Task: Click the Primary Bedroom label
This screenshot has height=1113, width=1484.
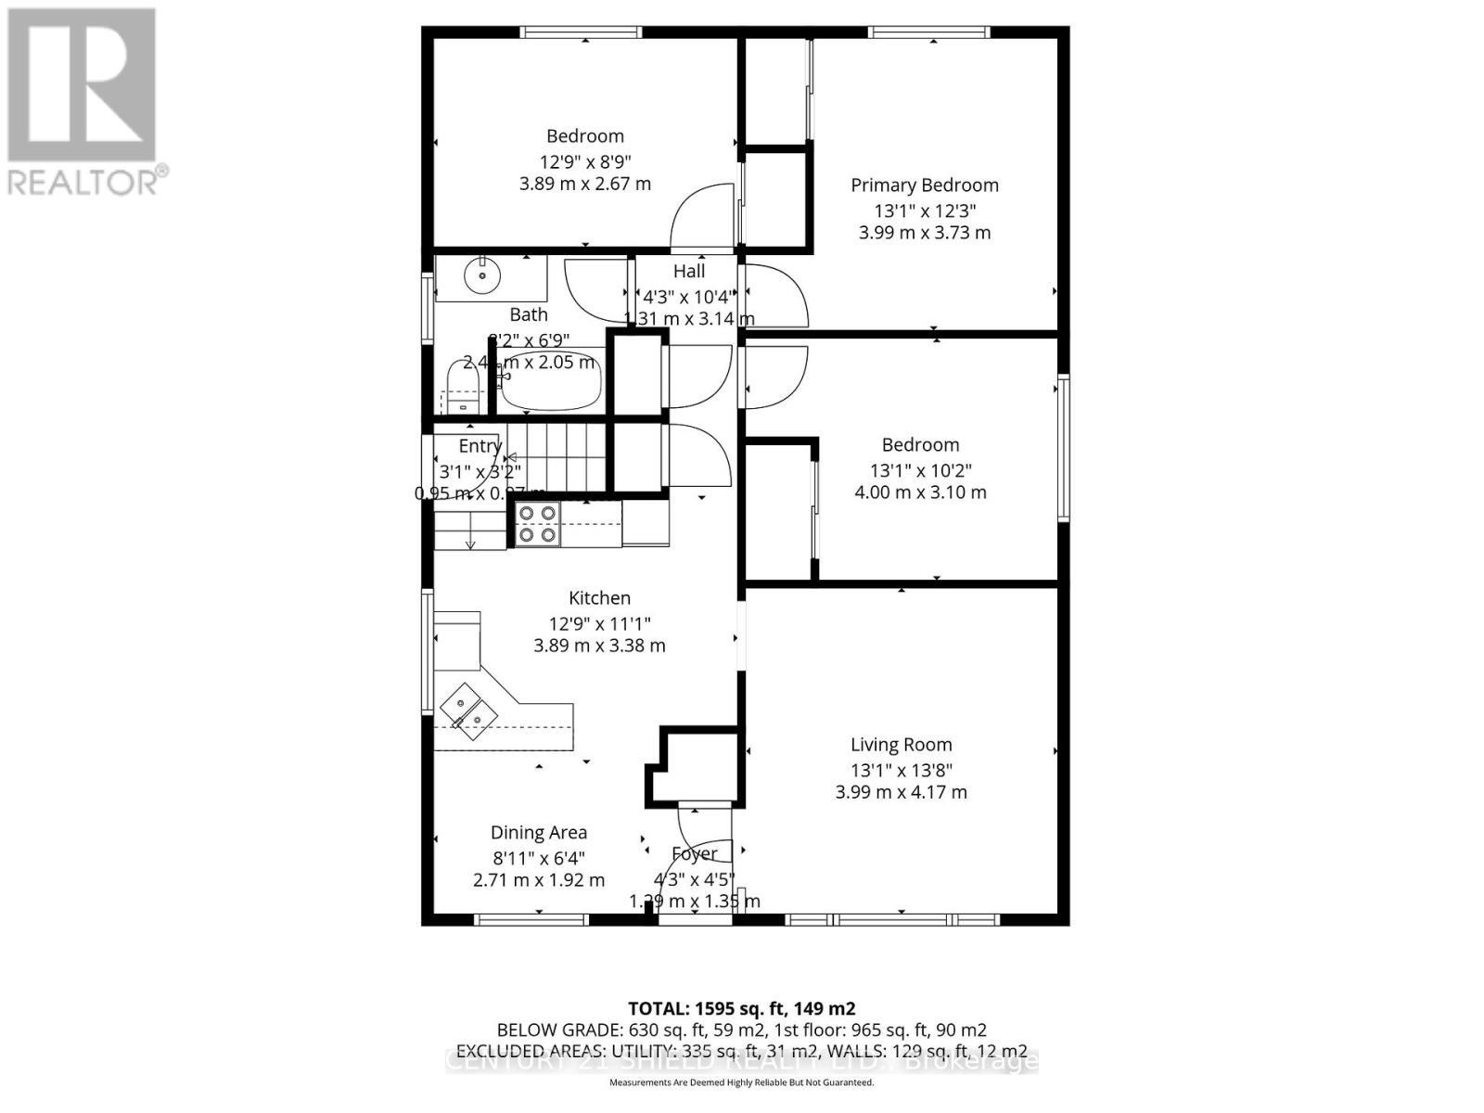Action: (925, 185)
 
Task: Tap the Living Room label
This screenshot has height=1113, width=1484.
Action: (902, 744)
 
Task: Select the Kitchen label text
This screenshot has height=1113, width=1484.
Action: (599, 598)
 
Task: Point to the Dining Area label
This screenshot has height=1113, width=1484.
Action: (539, 833)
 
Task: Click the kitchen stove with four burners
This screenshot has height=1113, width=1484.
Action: (537, 524)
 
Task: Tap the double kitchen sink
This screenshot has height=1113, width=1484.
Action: (468, 710)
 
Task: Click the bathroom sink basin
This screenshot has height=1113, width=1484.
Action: (482, 275)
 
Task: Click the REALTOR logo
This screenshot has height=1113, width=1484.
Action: (83, 102)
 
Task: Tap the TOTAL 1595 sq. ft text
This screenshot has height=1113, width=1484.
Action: (741, 1008)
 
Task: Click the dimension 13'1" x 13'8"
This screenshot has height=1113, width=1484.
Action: (902, 770)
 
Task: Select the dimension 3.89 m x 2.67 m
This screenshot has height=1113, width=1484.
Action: (585, 184)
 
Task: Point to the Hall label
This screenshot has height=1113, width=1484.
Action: (689, 271)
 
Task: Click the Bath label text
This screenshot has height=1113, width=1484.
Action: (529, 315)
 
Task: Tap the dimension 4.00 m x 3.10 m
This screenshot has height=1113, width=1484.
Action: (920, 492)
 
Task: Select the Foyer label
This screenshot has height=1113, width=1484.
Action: (695, 853)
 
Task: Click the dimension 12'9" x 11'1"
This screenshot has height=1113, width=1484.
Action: (599, 623)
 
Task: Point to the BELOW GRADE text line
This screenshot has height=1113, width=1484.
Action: (741, 1030)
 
